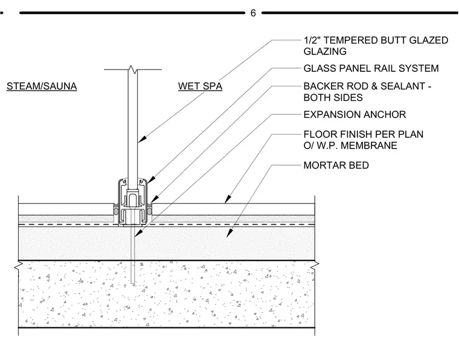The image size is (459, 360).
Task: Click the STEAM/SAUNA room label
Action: tap(42, 86)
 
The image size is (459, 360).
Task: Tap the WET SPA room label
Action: tap(201, 86)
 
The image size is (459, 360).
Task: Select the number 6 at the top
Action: tap(253, 13)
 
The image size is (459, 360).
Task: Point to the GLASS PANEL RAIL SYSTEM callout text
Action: tap(371, 68)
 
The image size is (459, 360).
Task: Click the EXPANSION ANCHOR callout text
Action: tap(355, 114)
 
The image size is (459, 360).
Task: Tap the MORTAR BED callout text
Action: tap(336, 165)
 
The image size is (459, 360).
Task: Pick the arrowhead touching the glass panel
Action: tap(141, 139)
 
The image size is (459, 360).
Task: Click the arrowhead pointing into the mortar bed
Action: tap(230, 233)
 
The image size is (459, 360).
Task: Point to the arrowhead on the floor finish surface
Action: tap(228, 199)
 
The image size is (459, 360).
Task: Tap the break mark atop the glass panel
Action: tap(132, 69)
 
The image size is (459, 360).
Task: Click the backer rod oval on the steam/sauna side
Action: tap(116, 211)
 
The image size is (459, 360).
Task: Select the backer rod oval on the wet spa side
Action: tap(150, 211)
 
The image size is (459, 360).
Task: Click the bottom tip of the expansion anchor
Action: tap(133, 284)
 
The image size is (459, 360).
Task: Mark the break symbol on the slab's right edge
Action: tap(315, 265)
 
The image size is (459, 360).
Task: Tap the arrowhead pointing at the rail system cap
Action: tap(150, 180)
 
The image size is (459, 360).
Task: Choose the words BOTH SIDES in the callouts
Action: tap(333, 97)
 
